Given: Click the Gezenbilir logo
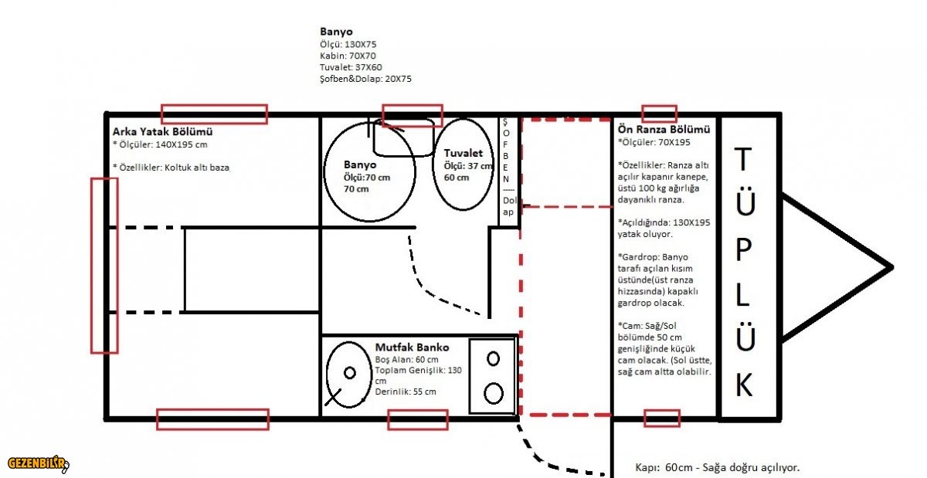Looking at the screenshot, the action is (38, 463).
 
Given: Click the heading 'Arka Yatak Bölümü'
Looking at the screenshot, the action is (163, 131).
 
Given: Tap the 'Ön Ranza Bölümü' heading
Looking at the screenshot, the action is (664, 129).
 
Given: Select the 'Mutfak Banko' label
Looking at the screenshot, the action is (412, 347).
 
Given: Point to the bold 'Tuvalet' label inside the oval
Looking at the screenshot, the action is (463, 153).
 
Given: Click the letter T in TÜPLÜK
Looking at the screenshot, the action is (743, 159).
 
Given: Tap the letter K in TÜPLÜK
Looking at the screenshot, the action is (744, 385).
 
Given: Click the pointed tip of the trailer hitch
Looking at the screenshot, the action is (891, 268).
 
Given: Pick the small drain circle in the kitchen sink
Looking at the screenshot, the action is (350, 373).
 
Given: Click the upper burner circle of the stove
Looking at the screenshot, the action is (493, 358).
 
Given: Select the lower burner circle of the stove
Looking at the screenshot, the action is (494, 393).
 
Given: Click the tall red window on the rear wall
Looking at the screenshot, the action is (104, 266).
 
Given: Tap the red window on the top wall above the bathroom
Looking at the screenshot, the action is (413, 116).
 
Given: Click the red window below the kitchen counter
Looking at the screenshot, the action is (418, 419).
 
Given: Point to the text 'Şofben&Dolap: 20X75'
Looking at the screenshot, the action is (365, 79).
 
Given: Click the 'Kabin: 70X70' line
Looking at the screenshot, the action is (348, 56).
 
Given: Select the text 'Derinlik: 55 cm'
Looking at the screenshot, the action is (406, 392).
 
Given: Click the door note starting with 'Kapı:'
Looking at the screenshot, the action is (717, 468).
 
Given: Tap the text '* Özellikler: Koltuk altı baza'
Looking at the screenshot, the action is (171, 168).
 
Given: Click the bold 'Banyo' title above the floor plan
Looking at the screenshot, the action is (336, 32).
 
